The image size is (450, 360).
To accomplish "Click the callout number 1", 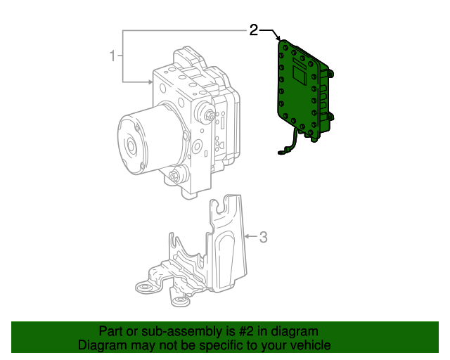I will (112, 55).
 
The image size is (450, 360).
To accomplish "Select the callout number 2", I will (253, 30).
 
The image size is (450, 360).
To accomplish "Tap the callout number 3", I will (264, 238).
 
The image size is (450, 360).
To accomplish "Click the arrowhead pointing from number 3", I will (247, 238).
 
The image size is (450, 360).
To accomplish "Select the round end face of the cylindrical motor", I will (131, 144).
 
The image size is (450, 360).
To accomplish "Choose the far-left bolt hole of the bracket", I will (143, 288).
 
